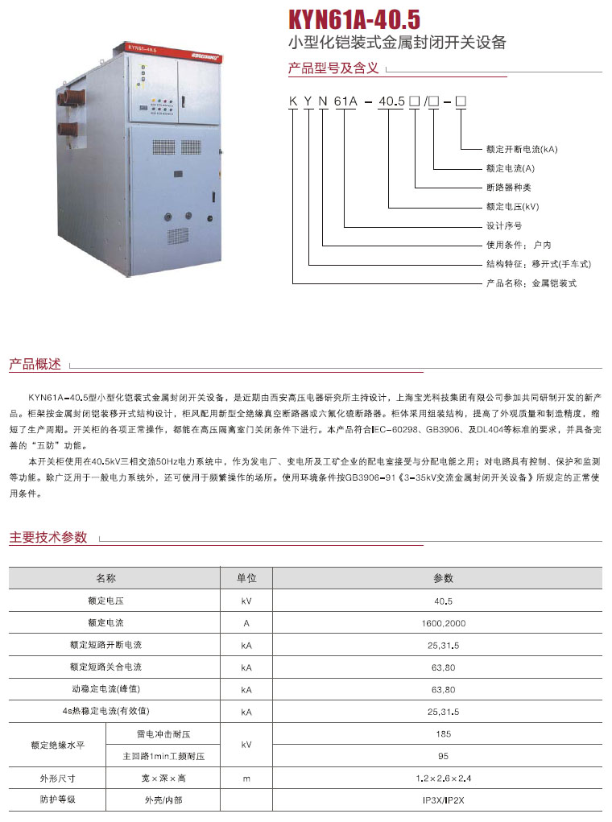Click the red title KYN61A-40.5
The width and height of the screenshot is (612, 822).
click(354, 19)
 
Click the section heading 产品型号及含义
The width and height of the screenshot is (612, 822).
click(333, 68)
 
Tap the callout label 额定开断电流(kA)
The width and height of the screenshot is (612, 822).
click(522, 150)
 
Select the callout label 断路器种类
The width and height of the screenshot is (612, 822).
click(509, 187)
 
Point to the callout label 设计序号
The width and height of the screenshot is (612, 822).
click(504, 225)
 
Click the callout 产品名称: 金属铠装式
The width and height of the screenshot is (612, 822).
click(531, 283)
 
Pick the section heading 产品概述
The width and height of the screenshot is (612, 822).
click(35, 365)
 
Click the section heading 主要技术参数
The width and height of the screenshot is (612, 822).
click(48, 537)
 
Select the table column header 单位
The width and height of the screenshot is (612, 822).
click(246, 578)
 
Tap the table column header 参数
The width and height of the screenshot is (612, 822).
click(443, 578)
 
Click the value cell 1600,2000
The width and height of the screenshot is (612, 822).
click(443, 623)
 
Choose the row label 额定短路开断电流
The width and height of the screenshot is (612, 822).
click(106, 645)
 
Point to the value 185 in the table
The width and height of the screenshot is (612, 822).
click(443, 734)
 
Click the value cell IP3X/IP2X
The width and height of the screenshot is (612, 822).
click(443, 800)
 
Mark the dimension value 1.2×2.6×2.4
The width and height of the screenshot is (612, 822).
click(443, 779)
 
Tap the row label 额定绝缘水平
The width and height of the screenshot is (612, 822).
click(57, 745)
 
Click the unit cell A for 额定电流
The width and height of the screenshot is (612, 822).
click(246, 623)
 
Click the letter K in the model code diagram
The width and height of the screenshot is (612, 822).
click(293, 101)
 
